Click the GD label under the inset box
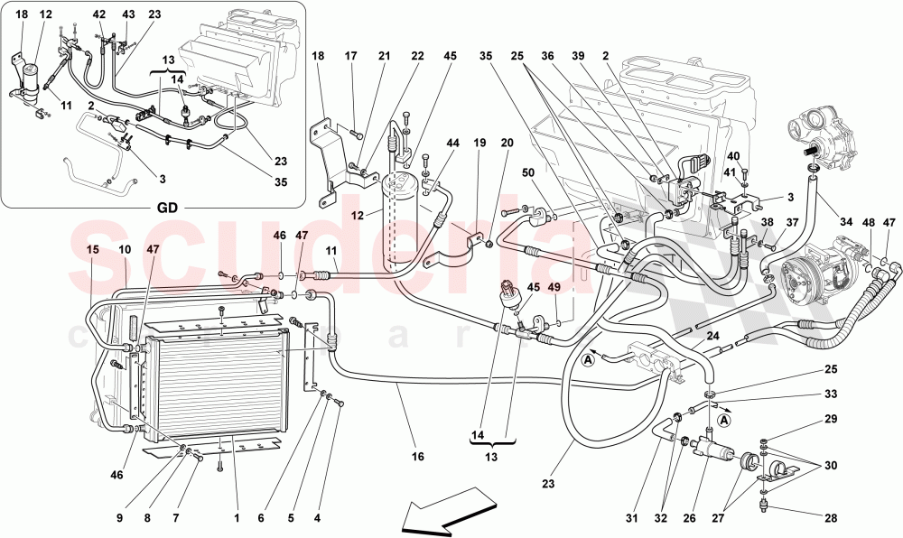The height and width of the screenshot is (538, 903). point(166,207)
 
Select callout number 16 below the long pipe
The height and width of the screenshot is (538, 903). point(417,457)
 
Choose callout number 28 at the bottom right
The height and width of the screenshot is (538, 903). point(830,517)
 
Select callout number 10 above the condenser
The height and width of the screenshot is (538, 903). point(124,248)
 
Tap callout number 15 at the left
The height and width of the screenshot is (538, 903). point(92,248)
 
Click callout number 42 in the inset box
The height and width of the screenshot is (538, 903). point(99,14)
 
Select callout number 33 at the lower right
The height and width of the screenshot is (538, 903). point(830,394)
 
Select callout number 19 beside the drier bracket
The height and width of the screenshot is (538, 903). point(479,142)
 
